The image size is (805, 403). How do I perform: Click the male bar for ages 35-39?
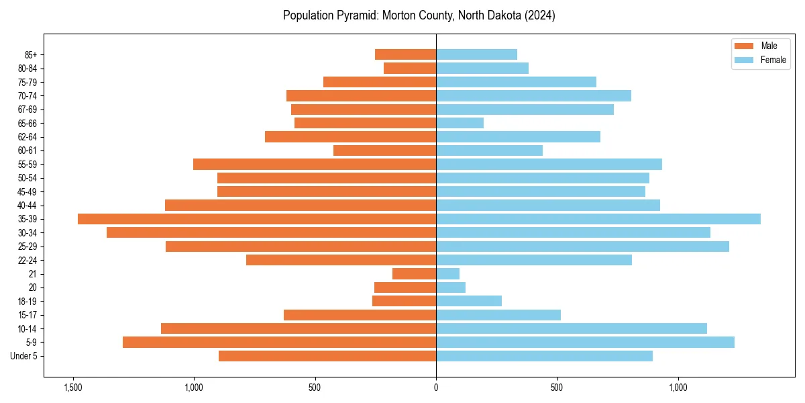(257, 219)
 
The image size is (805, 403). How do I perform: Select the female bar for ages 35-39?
(598, 219)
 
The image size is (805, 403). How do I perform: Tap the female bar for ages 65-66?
(460, 123)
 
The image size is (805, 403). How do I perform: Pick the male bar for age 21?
(414, 274)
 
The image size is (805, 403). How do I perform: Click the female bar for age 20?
(451, 287)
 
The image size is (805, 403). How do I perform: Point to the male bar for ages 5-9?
(279, 343)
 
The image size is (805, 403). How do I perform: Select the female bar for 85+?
(476, 54)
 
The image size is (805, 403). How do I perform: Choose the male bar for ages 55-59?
(315, 165)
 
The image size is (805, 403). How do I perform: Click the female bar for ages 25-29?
(582, 247)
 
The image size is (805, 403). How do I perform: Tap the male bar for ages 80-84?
(410, 69)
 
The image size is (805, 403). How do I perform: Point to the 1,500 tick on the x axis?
(72, 388)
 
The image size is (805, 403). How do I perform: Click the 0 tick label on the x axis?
(436, 388)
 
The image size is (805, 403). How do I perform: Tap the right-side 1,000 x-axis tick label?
(678, 388)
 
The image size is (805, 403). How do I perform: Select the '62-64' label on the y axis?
(28, 137)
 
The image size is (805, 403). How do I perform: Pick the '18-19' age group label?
(28, 302)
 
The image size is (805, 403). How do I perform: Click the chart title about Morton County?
(419, 15)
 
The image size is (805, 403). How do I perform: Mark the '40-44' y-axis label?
(28, 206)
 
